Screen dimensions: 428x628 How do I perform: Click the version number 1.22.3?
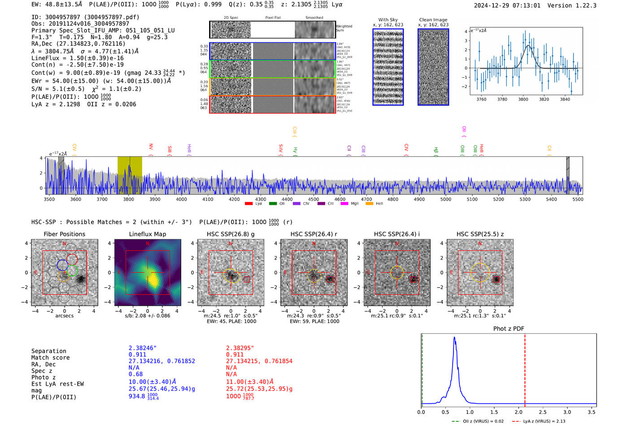pos(582,5)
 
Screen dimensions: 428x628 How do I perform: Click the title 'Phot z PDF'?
pos(509,329)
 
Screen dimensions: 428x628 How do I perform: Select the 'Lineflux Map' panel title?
pos(147,234)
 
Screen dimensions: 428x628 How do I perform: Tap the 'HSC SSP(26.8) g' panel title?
pos(231,234)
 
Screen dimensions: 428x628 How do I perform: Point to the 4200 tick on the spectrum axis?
pos(234,199)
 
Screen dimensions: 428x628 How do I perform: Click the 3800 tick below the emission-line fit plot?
pos(523,99)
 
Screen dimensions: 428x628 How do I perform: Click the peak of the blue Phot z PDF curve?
pos(454,338)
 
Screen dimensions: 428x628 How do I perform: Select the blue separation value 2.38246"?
pos(143,348)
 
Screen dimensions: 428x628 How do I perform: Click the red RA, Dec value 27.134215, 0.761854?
pos(259,361)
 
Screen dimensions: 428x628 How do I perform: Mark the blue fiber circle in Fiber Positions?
pos(62,265)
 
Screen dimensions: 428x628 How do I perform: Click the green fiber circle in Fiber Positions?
pos(72,271)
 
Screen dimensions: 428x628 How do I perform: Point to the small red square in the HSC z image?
pos(497,279)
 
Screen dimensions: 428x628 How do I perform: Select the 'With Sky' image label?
pos(388,20)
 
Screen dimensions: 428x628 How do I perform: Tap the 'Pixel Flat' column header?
pos(273,18)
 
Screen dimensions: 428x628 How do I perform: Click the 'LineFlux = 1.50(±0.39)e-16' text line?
pos(78,58)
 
